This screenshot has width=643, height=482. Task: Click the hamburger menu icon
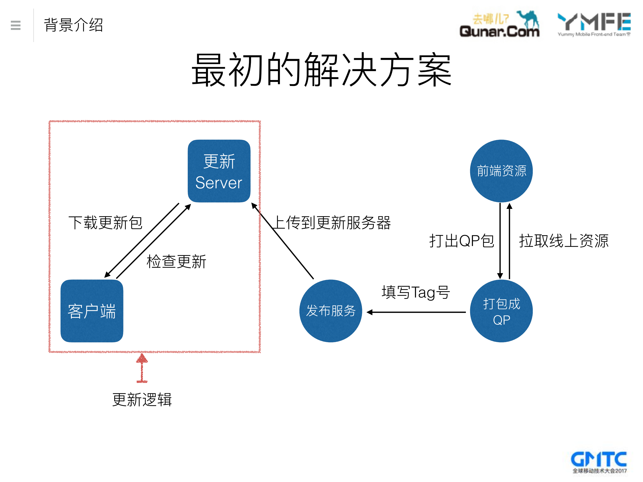click(x=15, y=25)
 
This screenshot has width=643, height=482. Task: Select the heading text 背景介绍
click(x=73, y=25)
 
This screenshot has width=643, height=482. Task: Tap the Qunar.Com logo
click(x=499, y=25)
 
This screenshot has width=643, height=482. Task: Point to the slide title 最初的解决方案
click(x=321, y=70)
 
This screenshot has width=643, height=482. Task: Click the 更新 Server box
click(x=219, y=171)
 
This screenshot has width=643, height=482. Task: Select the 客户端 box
click(x=92, y=311)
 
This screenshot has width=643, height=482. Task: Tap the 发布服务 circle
click(x=330, y=311)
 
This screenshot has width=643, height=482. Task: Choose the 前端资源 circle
click(x=501, y=171)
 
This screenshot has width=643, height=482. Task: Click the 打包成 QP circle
click(x=501, y=311)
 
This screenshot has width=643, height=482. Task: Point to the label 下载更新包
click(x=105, y=223)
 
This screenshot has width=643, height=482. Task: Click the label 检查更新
click(x=176, y=261)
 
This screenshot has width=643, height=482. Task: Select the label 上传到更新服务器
click(x=331, y=223)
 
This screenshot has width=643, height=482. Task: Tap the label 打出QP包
click(x=462, y=241)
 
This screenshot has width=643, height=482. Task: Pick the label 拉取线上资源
click(x=564, y=241)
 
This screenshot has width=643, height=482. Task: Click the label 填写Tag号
click(x=416, y=292)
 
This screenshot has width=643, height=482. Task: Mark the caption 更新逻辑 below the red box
click(x=142, y=400)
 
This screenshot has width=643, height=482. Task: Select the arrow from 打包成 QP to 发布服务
click(x=416, y=312)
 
